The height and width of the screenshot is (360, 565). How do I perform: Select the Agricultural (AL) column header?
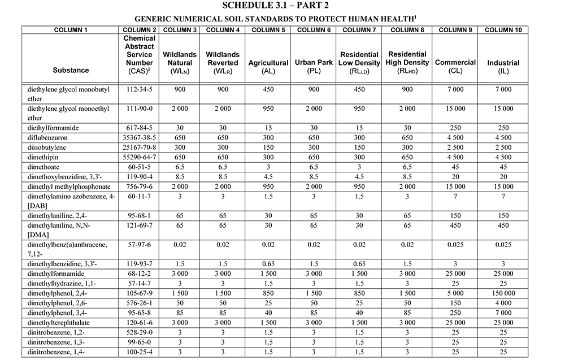[x=268, y=67]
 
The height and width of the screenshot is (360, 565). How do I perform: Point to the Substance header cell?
[x=71, y=70]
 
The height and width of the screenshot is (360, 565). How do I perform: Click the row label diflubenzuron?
[x=48, y=137]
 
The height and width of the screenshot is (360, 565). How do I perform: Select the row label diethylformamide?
[x=53, y=128]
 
